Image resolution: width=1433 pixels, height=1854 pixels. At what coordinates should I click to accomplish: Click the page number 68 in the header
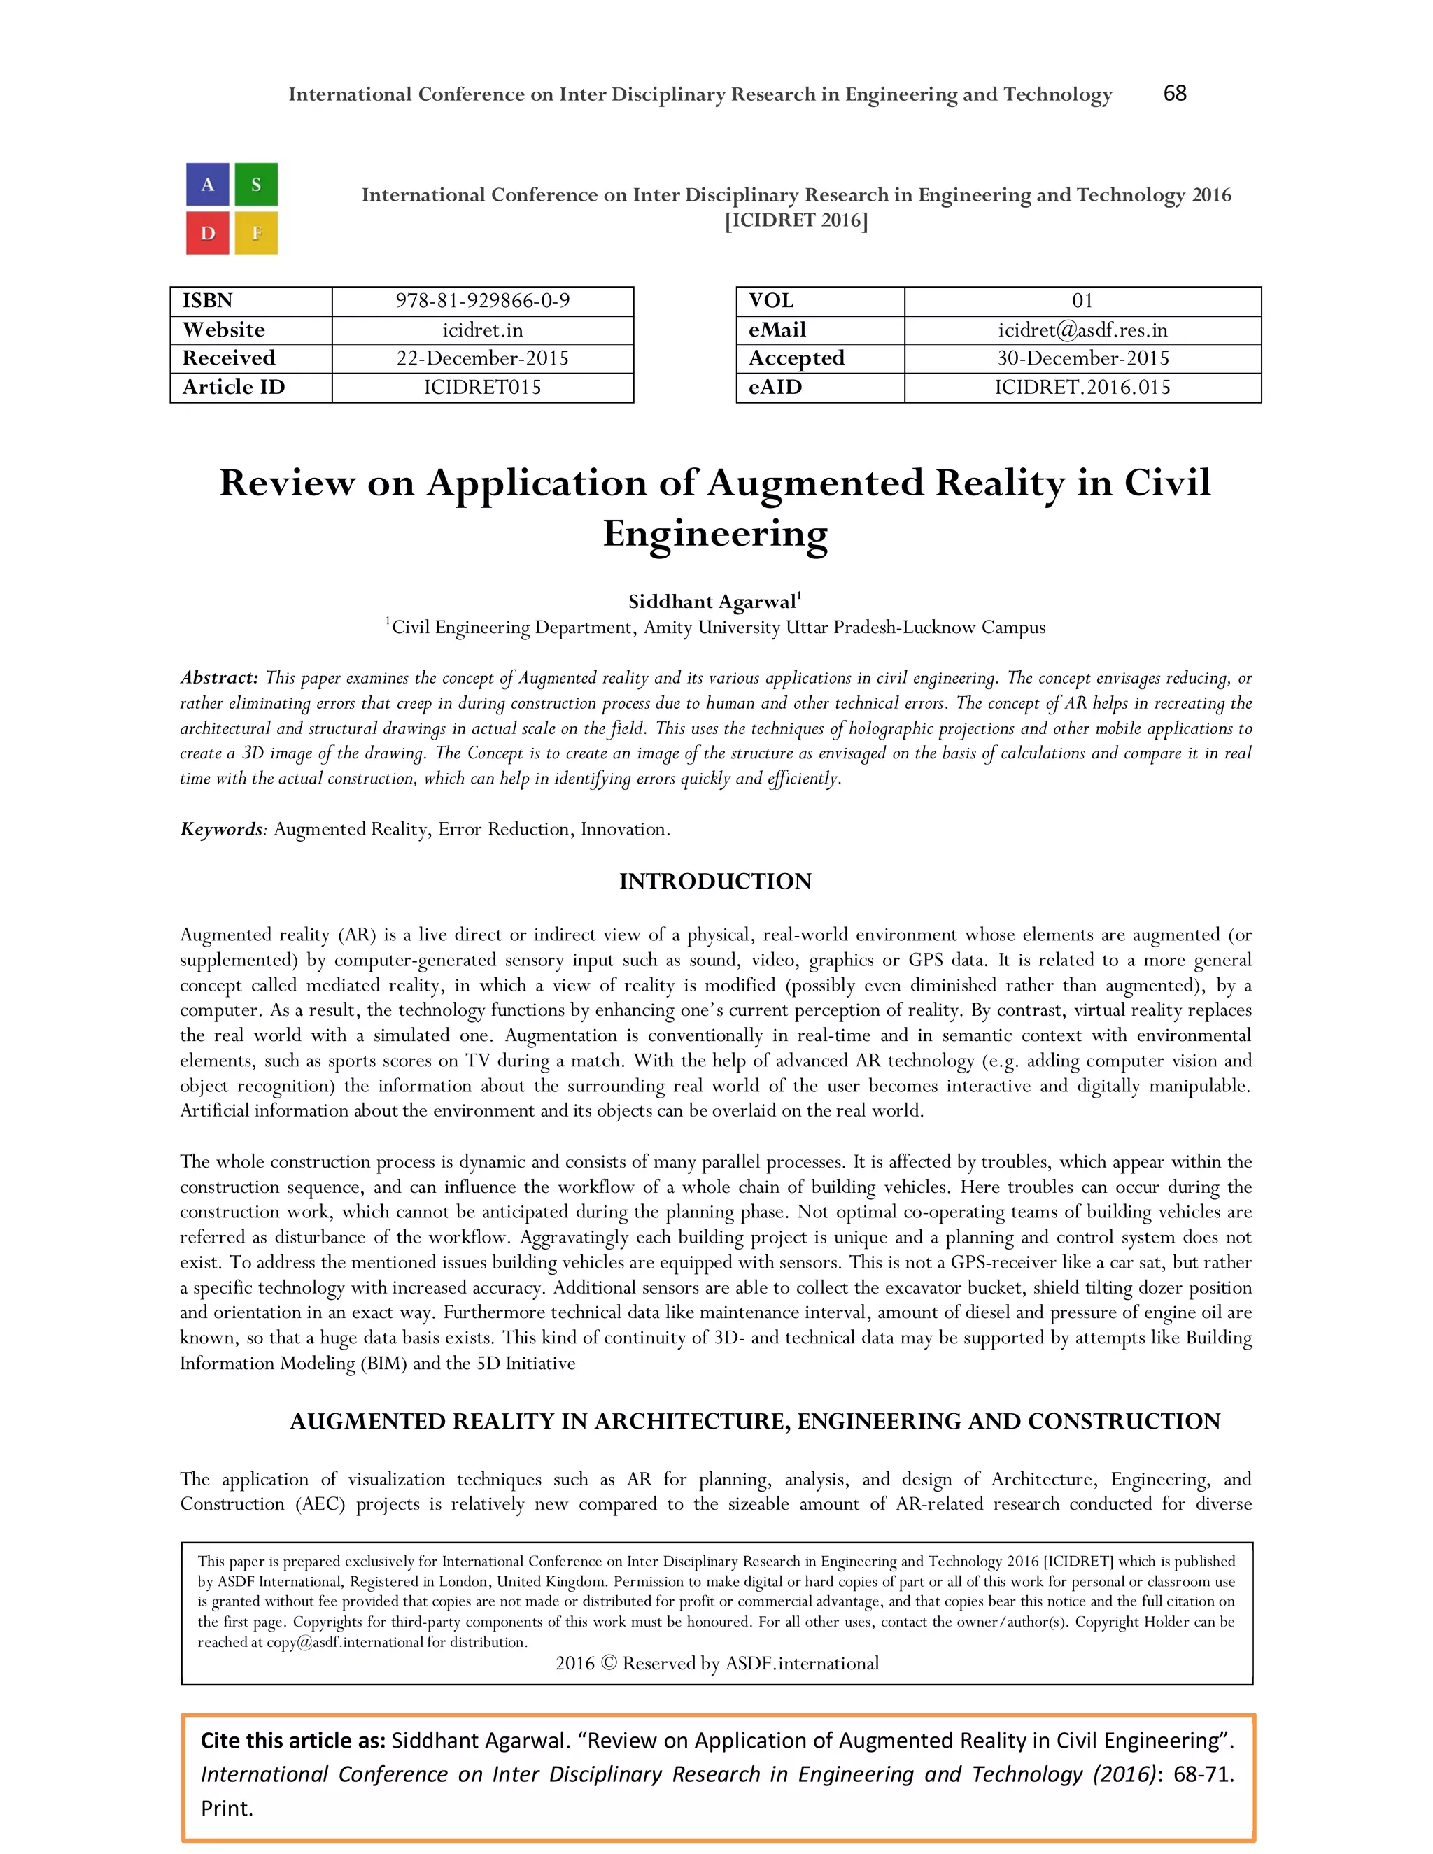coord(1174,93)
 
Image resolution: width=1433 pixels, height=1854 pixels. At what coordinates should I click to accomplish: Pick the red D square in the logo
coord(208,232)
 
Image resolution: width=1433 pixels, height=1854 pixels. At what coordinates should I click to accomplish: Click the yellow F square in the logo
coord(255,232)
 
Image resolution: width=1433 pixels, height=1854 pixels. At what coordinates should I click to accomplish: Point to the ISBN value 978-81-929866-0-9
coord(482,302)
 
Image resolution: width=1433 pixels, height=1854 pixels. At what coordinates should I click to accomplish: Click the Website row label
coord(223,330)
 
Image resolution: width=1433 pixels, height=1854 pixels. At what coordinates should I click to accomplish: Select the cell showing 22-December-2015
coord(482,358)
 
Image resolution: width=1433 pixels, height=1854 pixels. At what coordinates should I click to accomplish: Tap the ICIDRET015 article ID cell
coord(482,387)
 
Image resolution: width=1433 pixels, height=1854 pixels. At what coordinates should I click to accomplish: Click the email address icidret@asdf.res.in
coord(1082,330)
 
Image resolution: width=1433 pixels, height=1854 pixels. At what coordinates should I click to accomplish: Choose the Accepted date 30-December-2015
coord(1082,358)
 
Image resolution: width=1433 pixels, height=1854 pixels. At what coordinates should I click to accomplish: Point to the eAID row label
coord(775,387)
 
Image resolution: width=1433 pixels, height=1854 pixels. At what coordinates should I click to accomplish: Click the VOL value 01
coord(1082,302)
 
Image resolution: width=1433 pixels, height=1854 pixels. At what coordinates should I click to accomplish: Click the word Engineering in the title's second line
coord(715,533)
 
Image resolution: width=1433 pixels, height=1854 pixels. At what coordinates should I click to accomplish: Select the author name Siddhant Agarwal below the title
coord(712,602)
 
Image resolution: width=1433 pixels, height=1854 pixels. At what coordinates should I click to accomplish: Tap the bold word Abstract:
coord(219,677)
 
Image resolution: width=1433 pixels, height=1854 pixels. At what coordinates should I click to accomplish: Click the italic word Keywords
coord(222,828)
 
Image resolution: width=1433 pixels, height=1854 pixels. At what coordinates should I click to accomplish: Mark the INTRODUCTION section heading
coord(715,881)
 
